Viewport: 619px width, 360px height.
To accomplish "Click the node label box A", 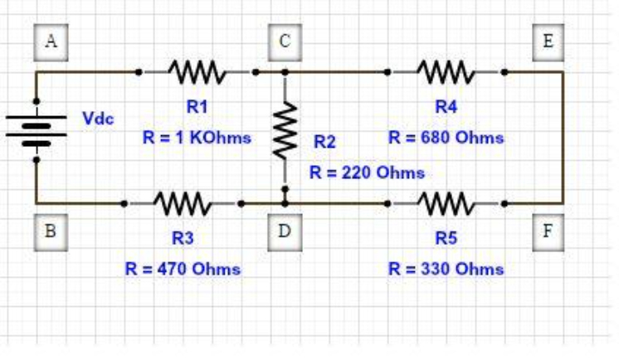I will [50, 42].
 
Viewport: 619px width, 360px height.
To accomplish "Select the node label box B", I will [50, 231].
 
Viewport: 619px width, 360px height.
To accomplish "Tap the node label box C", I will [284, 42].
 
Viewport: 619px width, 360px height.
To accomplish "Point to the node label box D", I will [285, 231].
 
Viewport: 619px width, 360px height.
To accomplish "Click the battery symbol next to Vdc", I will [37, 128].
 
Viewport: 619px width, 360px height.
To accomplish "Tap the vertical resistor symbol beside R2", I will [285, 130].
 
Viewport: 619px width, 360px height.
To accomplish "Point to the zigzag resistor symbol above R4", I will [446, 72].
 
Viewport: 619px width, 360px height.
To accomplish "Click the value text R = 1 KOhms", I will [197, 138].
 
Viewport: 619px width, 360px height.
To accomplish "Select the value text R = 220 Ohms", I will [367, 173].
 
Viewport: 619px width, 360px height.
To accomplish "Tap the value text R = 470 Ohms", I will [183, 269].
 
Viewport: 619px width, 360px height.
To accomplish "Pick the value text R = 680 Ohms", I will [446, 138].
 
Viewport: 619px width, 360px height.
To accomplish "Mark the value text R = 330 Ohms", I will [446, 269].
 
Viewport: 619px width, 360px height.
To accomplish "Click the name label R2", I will [324, 143].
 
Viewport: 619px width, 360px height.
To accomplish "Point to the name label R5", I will [446, 239].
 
